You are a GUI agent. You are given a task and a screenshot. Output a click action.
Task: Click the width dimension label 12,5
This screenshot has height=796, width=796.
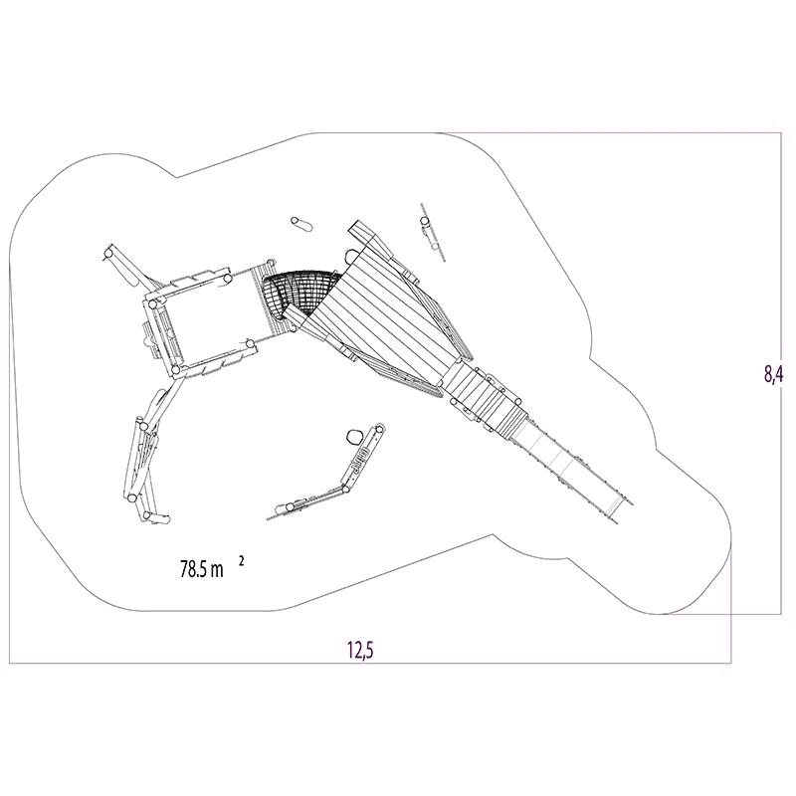coord(360,650)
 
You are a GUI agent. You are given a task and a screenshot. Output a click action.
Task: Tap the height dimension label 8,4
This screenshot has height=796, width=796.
coord(774,374)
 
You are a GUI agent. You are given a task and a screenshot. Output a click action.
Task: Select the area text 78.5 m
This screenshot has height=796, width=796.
coord(202,569)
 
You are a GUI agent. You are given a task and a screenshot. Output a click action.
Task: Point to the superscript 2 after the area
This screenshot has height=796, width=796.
coord(241,561)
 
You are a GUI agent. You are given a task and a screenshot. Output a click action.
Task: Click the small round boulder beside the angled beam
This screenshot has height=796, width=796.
coord(354,436)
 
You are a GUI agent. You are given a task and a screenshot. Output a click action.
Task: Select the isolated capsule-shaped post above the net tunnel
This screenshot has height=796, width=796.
coord(301,224)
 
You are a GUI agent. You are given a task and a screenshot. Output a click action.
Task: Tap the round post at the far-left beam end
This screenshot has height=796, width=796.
coord(108,253)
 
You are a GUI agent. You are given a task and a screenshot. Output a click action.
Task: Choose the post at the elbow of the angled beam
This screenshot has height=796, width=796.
coord(345,490)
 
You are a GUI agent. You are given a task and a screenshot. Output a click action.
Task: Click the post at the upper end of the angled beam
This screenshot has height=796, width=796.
coord(378,429)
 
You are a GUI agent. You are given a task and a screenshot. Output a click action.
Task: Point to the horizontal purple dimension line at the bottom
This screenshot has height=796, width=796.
coord(370,663)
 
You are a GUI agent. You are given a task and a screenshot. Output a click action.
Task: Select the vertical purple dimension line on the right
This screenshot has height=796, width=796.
coord(781,374)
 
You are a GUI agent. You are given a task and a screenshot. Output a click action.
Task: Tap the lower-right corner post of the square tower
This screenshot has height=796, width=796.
coord(250,343)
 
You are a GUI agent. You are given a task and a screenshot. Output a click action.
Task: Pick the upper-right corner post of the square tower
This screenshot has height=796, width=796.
coord(228,279)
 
